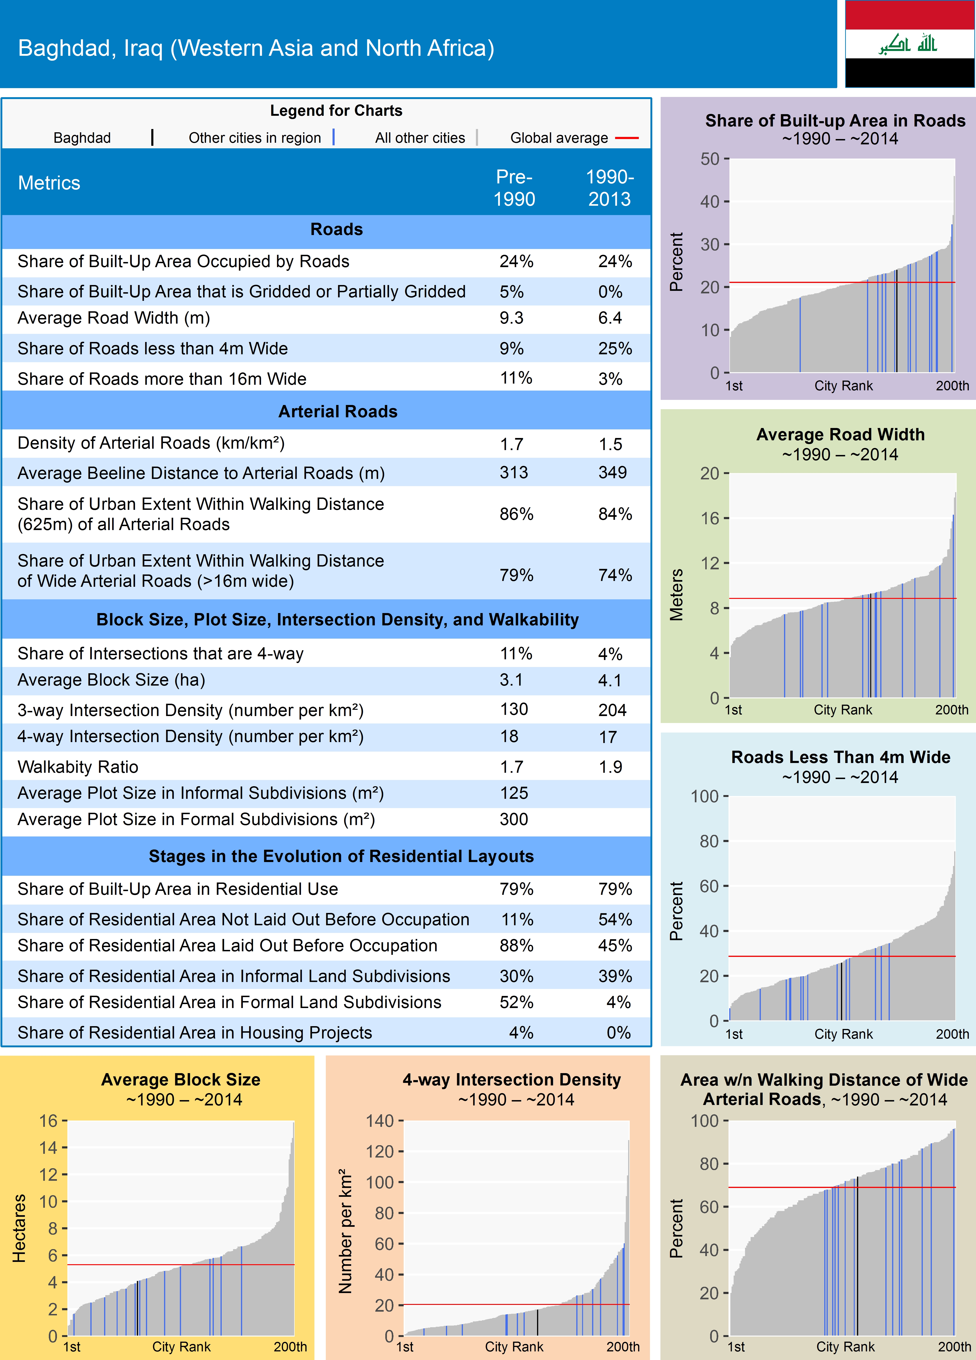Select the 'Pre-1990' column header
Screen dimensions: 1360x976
(514, 188)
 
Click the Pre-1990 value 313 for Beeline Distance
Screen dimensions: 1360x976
(514, 473)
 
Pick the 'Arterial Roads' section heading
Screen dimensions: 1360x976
(337, 411)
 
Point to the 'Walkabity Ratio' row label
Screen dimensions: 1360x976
(78, 767)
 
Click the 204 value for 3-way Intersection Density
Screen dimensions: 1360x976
(612, 710)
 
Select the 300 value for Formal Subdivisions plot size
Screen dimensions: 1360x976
(514, 819)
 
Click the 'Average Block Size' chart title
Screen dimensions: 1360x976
(181, 1079)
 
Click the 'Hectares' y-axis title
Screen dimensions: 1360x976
(19, 1228)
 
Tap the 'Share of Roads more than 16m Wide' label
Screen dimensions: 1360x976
(162, 379)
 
